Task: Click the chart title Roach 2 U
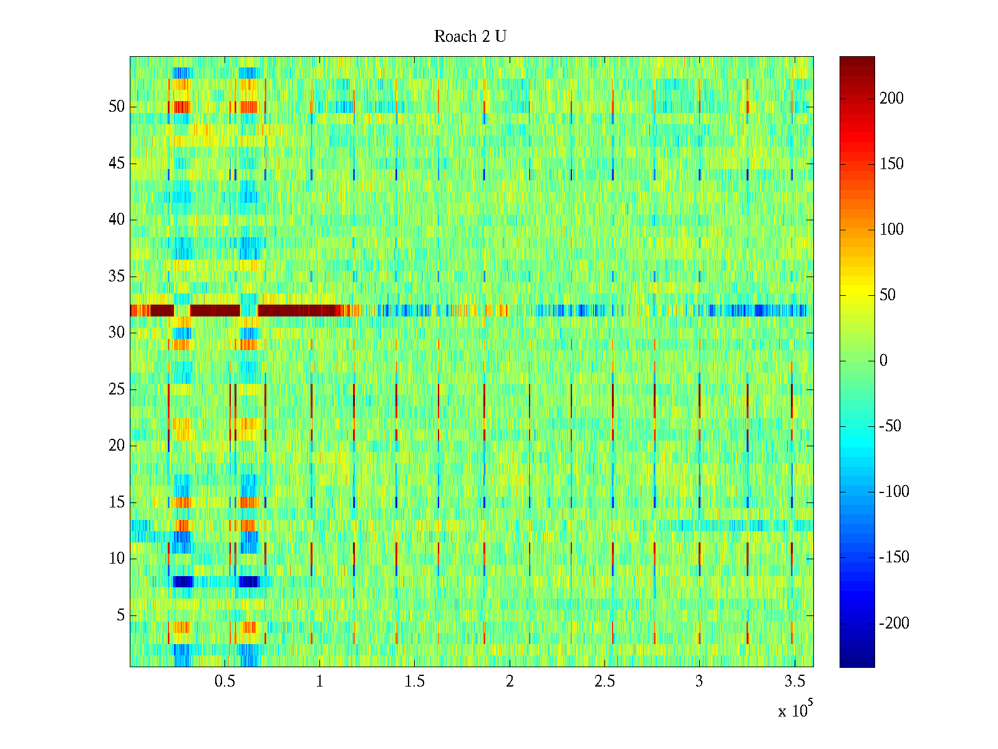470,37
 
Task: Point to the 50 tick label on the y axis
117,106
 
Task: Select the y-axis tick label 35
117,276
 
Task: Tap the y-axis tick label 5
120,615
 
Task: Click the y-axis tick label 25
117,389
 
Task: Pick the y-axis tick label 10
117,559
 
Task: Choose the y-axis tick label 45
117,164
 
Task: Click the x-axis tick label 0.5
225,682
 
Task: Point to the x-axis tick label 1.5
415,682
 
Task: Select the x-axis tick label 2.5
604,682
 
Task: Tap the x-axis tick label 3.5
794,682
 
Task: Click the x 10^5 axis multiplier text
795,710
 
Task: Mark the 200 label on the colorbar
891,99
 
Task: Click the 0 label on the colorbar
883,361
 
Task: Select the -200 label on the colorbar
894,623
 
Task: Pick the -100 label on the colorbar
894,492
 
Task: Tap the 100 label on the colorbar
891,230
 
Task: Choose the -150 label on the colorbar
894,557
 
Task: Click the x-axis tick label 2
510,682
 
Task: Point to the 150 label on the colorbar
891,164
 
